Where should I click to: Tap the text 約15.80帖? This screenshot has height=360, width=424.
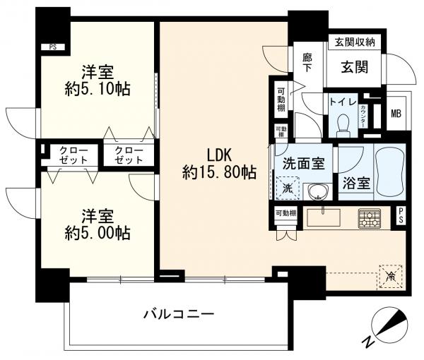[x=219, y=171]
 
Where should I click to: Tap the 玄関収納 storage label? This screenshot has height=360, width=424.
[x=355, y=43]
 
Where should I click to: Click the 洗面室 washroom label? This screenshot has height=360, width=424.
[x=303, y=163]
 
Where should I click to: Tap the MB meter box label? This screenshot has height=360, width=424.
[x=396, y=113]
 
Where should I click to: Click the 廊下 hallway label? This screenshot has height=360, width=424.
[x=307, y=63]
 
